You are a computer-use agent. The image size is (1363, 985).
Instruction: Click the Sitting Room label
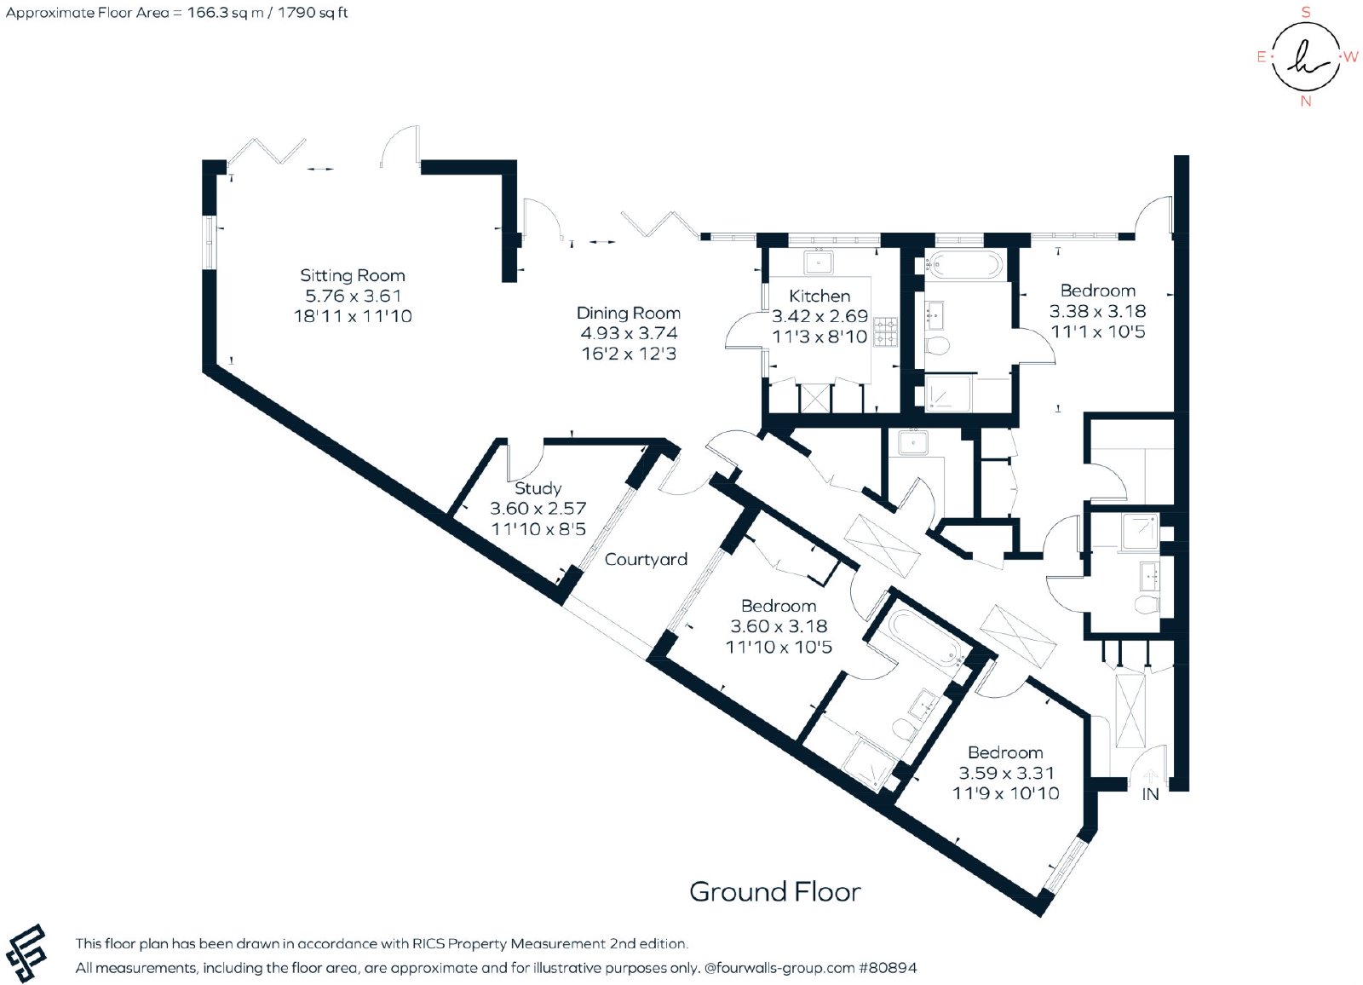click(x=353, y=276)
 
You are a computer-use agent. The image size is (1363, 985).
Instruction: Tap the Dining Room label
click(x=629, y=313)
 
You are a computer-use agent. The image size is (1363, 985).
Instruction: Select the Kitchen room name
click(x=820, y=296)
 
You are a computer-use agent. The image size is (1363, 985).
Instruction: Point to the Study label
click(x=538, y=488)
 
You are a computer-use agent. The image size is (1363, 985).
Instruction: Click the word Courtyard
click(x=646, y=560)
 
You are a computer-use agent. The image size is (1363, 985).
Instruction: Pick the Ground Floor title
click(x=775, y=892)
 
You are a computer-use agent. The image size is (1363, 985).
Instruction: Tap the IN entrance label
click(x=1150, y=794)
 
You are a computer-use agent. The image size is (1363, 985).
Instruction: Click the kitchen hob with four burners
click(x=885, y=331)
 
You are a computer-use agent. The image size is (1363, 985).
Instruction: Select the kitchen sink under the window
click(x=819, y=262)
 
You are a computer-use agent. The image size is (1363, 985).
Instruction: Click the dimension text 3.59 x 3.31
click(x=1006, y=773)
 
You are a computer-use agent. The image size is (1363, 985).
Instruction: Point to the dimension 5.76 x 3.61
click(x=353, y=296)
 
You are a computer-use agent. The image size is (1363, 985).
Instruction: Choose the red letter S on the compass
click(x=1305, y=12)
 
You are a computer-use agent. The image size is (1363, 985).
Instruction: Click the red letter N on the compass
click(x=1306, y=101)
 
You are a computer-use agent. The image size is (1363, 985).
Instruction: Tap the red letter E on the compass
click(x=1262, y=57)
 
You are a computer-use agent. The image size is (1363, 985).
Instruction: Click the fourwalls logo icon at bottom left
click(x=26, y=953)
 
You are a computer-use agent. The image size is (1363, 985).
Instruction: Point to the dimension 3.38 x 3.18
click(x=1098, y=311)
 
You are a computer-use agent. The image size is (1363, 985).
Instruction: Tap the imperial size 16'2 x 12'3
click(x=629, y=354)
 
